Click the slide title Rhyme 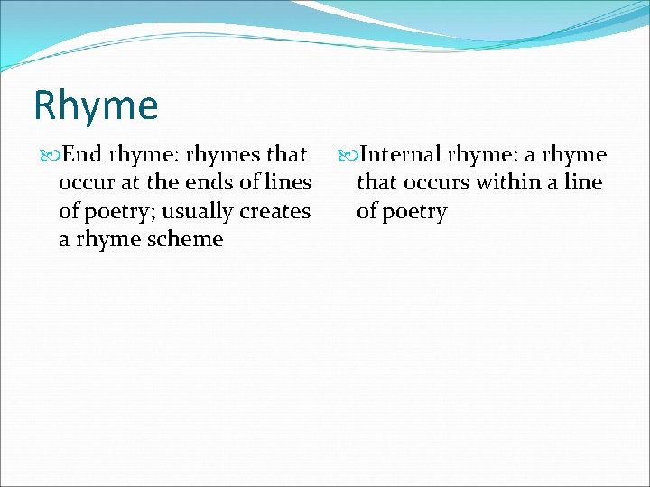tap(96, 106)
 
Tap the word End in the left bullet tap(83, 155)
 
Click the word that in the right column tap(376, 183)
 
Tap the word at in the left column tap(132, 183)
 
